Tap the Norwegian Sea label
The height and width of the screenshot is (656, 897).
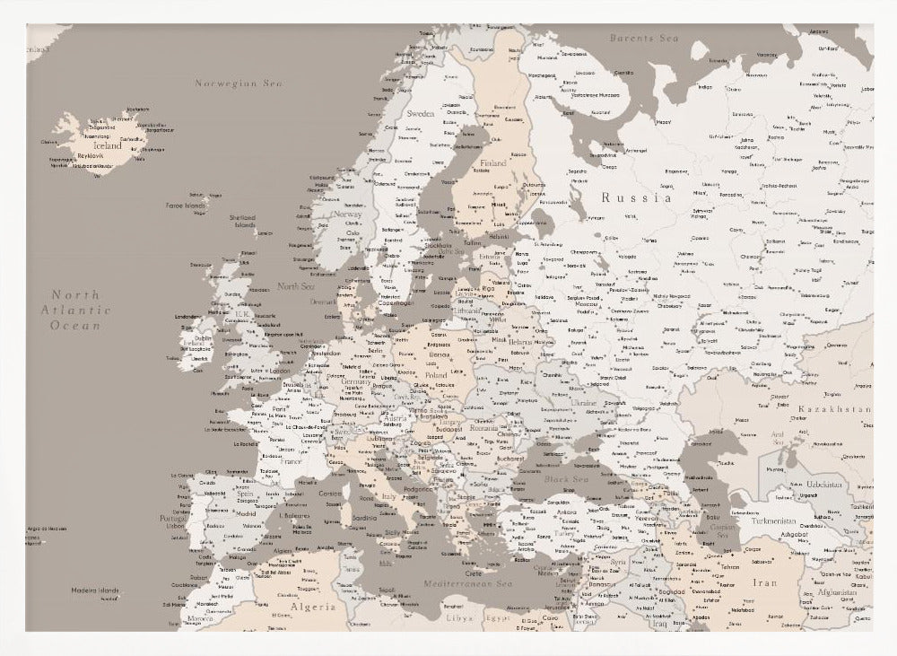(239, 83)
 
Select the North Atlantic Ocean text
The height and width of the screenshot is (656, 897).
(75, 310)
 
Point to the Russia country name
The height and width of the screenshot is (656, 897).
(636, 197)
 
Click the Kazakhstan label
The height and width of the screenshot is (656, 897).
(833, 409)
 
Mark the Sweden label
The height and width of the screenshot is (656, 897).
(420, 115)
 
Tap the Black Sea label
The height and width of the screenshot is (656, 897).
(565, 479)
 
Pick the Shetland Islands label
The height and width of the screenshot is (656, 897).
(242, 221)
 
